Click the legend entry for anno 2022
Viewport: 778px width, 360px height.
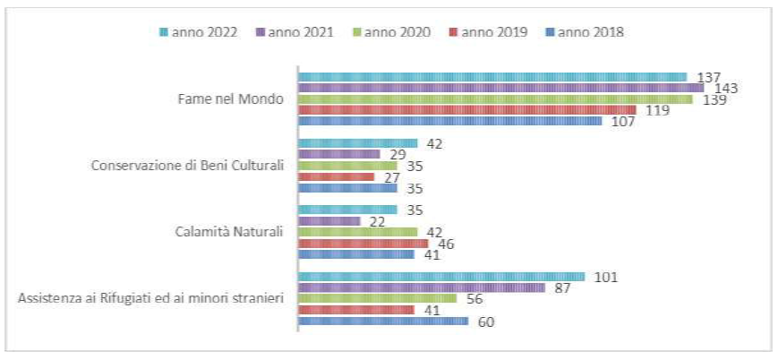coord(202,32)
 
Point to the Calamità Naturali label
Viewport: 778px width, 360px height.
coord(228,232)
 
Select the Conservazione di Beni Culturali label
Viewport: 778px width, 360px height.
coord(188,165)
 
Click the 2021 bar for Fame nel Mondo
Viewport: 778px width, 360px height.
coord(500,88)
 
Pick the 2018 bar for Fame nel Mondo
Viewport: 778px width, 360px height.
coord(449,121)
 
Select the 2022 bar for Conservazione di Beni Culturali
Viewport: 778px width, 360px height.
coord(357,143)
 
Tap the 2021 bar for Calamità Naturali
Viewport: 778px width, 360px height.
coord(329,221)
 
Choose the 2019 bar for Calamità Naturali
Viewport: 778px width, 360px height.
coord(363,243)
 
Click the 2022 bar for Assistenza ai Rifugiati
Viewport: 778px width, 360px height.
coord(440,277)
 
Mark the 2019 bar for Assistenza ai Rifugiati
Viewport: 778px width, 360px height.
coord(355,310)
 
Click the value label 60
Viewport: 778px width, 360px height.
coord(484,321)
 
